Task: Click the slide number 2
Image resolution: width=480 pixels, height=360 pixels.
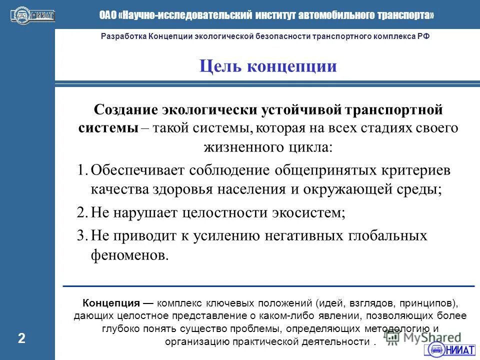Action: tap(21, 338)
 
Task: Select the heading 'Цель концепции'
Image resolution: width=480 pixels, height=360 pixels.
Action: tap(267, 66)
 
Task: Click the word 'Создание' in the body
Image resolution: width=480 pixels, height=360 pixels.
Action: tap(126, 109)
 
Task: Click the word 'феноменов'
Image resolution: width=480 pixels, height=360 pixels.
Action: tap(127, 255)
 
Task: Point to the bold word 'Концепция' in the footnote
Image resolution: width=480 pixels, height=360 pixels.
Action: tap(110, 303)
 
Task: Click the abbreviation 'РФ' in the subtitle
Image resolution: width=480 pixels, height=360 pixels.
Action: tap(423, 36)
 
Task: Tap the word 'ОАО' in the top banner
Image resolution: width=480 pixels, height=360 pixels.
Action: tap(107, 15)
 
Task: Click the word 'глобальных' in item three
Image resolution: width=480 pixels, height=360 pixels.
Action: tap(388, 235)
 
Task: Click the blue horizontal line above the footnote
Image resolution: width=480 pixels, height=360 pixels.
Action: tap(268, 285)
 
